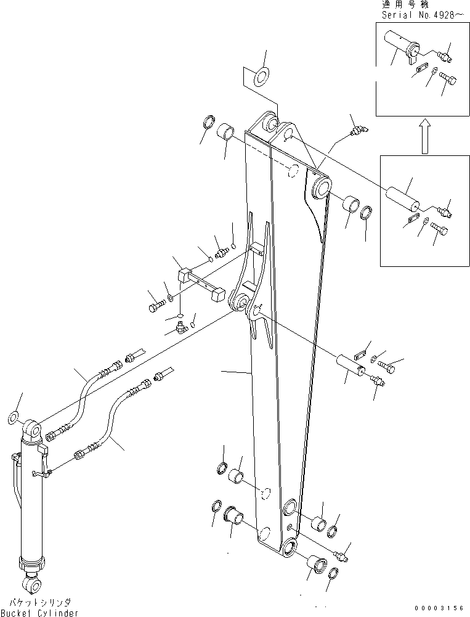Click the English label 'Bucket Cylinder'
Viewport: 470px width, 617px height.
click(x=39, y=612)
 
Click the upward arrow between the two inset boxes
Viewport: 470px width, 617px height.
click(x=424, y=136)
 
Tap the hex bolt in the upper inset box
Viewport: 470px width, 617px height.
click(x=448, y=80)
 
